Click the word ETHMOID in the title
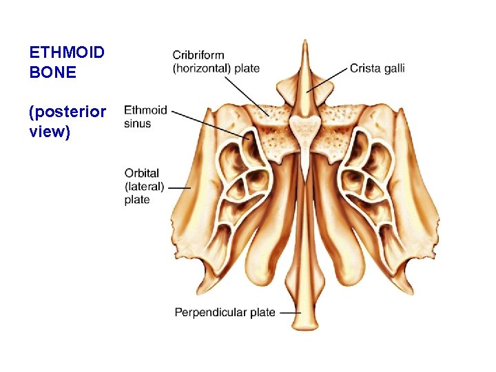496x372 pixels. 66,52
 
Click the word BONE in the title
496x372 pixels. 52,72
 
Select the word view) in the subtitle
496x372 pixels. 50,132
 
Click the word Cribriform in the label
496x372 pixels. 198,55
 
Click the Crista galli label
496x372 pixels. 377,68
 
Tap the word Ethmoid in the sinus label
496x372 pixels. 145,110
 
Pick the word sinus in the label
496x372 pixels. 138,123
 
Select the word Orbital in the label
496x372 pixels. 142,174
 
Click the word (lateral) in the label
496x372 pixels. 145,187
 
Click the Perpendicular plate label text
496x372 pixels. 225,312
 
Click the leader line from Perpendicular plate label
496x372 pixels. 290,312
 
